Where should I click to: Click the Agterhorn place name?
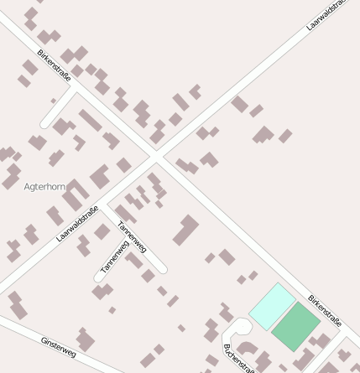coord(44,186)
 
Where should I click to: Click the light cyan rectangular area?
coord(273,306)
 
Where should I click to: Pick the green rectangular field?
coord(295,326)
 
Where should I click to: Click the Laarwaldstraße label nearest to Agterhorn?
coord(77,223)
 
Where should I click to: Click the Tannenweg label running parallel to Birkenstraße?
coord(132,236)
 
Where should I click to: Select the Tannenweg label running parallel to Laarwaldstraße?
coord(114,257)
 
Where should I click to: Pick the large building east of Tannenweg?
coord(186,231)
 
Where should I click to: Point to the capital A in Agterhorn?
coord(27,186)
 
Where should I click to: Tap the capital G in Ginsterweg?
coord(44,339)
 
